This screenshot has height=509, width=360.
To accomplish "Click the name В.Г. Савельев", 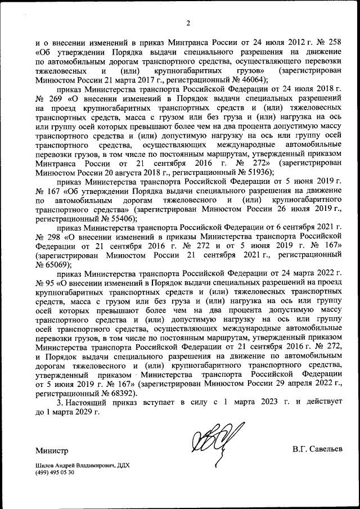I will coord(317,449).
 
